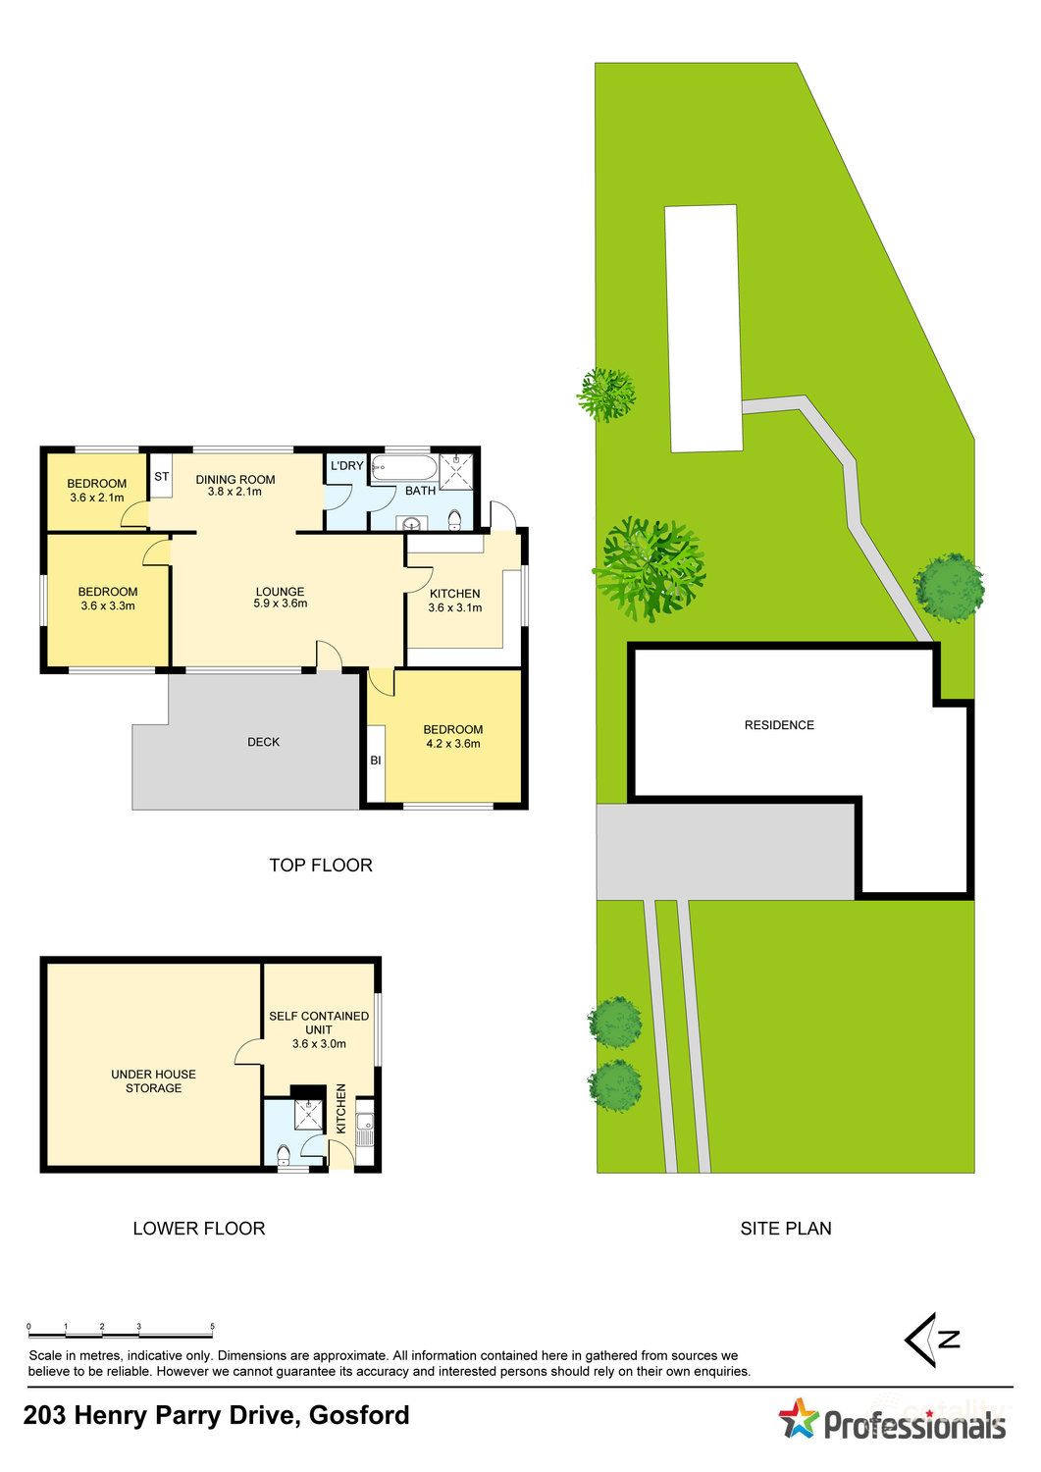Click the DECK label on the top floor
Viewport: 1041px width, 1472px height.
263,742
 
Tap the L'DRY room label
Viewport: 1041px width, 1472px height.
347,465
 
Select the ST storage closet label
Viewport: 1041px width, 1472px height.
162,477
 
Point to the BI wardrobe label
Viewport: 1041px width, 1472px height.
376,760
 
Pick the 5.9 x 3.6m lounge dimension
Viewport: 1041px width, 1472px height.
280,604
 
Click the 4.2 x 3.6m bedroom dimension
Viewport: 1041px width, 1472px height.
452,744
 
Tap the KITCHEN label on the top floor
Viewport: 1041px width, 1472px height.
455,594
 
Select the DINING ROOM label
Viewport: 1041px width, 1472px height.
234,480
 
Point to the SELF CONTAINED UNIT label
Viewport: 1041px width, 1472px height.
319,1023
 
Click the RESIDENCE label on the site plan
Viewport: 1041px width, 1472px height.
779,725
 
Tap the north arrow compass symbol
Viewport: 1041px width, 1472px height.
931,1340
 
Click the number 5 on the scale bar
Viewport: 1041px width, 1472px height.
212,1327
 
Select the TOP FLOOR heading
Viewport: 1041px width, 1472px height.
321,865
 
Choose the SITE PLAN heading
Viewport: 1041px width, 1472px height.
785,1228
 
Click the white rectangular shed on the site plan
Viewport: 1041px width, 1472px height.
703,328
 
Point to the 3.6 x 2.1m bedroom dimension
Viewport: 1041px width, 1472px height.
96,498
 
